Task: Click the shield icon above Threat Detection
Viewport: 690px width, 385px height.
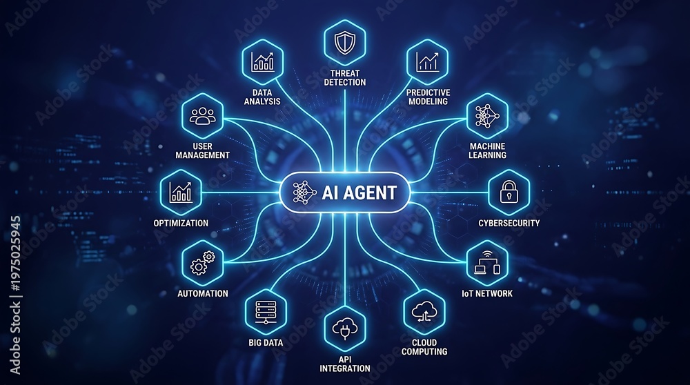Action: tap(344, 43)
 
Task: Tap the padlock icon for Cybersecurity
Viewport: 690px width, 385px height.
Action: tap(509, 191)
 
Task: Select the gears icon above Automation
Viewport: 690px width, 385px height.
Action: tap(202, 263)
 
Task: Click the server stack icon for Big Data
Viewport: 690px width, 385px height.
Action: tap(266, 312)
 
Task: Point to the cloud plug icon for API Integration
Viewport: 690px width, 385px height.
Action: tap(345, 328)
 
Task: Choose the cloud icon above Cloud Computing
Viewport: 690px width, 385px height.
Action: tap(424, 312)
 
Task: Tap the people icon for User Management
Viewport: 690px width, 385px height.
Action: tap(202, 116)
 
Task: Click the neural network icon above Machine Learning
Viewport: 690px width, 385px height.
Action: tap(487, 116)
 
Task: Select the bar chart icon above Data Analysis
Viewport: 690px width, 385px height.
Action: tap(263, 61)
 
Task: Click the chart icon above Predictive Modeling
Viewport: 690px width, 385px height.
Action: tap(427, 61)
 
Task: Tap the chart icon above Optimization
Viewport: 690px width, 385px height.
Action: tap(181, 192)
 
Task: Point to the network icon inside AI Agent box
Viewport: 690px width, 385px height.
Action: tap(304, 192)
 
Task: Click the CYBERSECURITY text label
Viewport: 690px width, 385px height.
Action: tap(509, 223)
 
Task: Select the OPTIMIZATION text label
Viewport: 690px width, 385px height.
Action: tap(181, 223)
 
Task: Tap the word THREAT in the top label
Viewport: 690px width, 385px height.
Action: tap(345, 73)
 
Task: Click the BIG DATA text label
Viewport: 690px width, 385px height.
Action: tap(266, 342)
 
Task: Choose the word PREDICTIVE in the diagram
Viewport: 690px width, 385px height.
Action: tap(428, 92)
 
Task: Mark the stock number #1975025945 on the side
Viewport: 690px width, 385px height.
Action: tap(15, 253)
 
